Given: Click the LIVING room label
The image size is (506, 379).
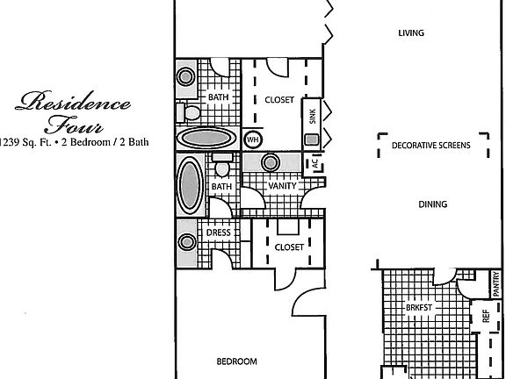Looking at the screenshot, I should (411, 33).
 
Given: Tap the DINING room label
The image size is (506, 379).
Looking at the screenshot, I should (433, 204).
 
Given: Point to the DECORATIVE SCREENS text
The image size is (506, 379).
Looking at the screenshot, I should (430, 145).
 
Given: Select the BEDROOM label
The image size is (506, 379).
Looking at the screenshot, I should (236, 361).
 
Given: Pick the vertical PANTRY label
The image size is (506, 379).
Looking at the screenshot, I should (495, 283).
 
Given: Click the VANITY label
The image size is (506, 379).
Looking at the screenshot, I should (281, 185).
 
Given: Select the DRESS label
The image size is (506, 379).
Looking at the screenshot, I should (219, 232).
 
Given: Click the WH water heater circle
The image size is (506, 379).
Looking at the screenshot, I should (252, 139).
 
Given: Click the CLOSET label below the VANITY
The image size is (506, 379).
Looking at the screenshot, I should (289, 247).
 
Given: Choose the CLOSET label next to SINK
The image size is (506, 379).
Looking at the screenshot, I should (279, 100).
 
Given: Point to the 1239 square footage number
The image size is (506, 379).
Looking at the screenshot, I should (11, 141).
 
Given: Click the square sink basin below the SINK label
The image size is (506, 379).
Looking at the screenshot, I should (311, 139).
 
